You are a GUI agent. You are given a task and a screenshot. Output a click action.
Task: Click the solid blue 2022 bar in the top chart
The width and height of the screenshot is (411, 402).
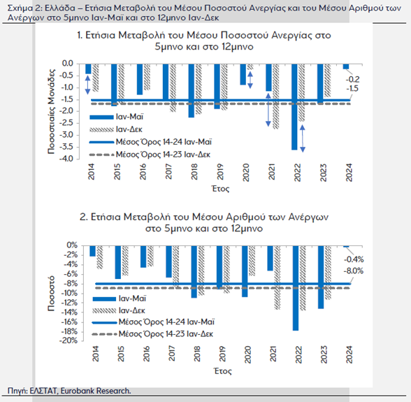[x=294, y=107]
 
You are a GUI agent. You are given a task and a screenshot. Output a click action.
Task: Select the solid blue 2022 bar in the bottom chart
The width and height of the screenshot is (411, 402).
[x=296, y=288]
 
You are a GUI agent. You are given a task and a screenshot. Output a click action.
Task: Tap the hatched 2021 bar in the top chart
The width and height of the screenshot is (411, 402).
[x=276, y=96]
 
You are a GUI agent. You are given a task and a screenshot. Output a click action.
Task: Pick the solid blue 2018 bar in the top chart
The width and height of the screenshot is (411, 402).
[x=192, y=90]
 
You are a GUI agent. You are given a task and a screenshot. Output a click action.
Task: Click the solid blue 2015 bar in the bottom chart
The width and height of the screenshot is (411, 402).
[x=118, y=262]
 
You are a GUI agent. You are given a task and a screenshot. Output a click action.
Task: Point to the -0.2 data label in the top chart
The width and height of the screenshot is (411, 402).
[x=352, y=79]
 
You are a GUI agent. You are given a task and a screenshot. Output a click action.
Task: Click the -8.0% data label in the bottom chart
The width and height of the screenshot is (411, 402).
[x=354, y=271]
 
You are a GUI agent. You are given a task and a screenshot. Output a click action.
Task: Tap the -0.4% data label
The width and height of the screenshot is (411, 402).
[x=354, y=259]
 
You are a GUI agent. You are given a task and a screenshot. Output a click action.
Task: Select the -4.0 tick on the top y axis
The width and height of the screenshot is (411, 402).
[x=67, y=159]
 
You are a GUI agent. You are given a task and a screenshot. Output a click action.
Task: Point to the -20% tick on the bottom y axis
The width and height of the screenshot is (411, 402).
[x=68, y=340]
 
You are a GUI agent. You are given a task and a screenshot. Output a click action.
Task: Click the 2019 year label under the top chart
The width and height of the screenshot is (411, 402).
[x=220, y=172]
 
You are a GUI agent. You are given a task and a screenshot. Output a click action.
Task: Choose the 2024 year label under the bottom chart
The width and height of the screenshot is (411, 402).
[x=349, y=354]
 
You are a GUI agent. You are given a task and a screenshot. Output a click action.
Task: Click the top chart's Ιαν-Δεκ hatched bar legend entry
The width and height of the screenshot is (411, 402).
[x=116, y=129]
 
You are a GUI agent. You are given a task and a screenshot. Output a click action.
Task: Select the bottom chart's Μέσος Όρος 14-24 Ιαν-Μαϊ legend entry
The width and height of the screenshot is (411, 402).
[x=154, y=322]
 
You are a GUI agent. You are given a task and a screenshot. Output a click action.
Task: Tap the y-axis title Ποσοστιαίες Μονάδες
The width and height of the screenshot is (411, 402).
[x=52, y=111]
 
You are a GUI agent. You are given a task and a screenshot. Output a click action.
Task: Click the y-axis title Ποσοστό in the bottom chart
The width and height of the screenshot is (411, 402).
[x=51, y=294]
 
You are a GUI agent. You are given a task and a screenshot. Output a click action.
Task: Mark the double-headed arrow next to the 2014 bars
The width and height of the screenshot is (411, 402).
[x=88, y=85]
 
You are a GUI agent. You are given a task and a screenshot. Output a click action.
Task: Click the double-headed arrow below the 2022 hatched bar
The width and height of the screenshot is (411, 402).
[x=303, y=138]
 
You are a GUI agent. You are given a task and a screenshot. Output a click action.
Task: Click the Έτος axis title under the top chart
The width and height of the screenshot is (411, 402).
[x=221, y=189]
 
